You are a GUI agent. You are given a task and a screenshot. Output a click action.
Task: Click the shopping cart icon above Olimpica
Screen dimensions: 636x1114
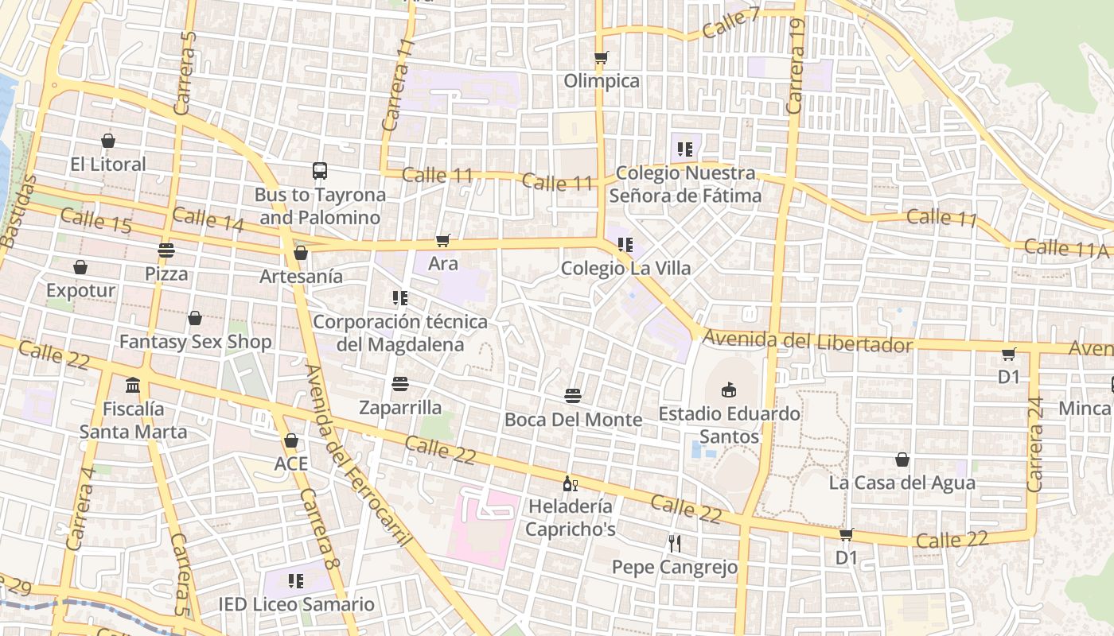602,57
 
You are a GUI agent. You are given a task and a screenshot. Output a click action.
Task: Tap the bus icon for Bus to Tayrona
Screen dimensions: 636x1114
320,171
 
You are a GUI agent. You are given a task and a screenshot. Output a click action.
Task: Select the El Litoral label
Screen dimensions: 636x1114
108,165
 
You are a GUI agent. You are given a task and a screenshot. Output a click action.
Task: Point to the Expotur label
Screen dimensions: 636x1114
80,290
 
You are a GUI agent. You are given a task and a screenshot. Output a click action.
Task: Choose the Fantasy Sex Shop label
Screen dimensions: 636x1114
195,342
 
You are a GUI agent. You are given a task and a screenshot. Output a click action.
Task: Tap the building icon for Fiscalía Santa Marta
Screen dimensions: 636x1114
133,386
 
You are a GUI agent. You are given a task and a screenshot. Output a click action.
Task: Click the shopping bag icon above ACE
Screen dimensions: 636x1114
291,440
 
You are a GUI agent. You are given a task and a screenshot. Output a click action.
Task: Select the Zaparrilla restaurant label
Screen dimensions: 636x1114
400,408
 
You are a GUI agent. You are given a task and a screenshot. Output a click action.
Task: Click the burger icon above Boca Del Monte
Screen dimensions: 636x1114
573,395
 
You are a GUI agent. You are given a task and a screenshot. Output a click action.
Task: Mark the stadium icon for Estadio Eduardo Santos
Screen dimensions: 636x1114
728,390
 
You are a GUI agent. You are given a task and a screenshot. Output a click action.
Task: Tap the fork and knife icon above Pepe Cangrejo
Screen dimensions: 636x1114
675,543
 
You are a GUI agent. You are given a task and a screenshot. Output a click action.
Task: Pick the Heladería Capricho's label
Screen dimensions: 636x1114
571,518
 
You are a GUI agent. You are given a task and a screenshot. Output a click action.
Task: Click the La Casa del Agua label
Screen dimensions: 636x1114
902,483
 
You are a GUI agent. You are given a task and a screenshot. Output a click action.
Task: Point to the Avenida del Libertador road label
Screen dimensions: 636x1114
807,342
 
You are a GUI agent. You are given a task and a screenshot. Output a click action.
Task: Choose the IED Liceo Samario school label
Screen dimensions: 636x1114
296,604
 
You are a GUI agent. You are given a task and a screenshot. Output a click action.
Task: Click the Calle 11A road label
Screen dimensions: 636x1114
1065,249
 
